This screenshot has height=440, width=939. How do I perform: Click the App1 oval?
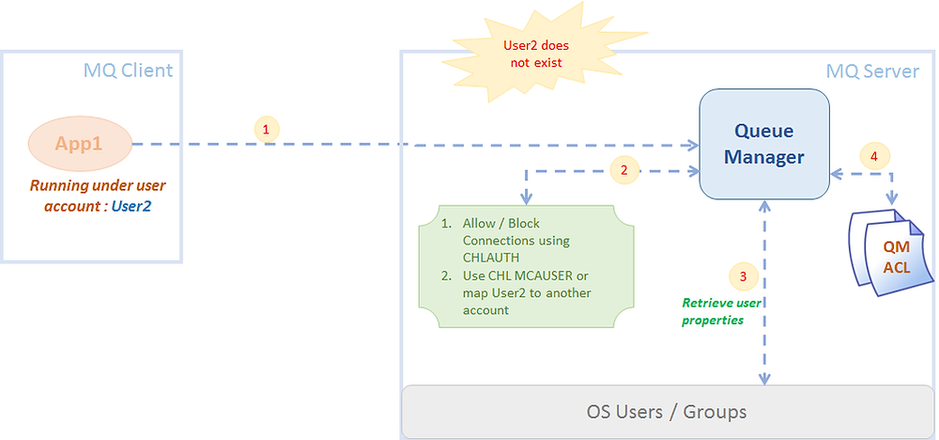click(x=79, y=144)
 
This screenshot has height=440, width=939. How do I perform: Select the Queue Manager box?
click(x=762, y=144)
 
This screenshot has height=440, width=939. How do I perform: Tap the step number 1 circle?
click(x=267, y=130)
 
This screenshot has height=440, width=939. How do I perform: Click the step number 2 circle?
click(x=623, y=170)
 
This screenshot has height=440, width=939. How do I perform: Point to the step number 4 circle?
click(x=874, y=157)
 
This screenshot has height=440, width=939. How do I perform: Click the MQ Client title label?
click(x=128, y=71)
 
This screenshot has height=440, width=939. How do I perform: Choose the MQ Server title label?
click(x=872, y=71)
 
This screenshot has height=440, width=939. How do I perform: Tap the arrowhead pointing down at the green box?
click(x=527, y=196)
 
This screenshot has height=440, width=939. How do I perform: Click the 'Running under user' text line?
click(x=98, y=186)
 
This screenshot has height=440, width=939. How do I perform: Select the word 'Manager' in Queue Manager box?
click(x=762, y=157)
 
